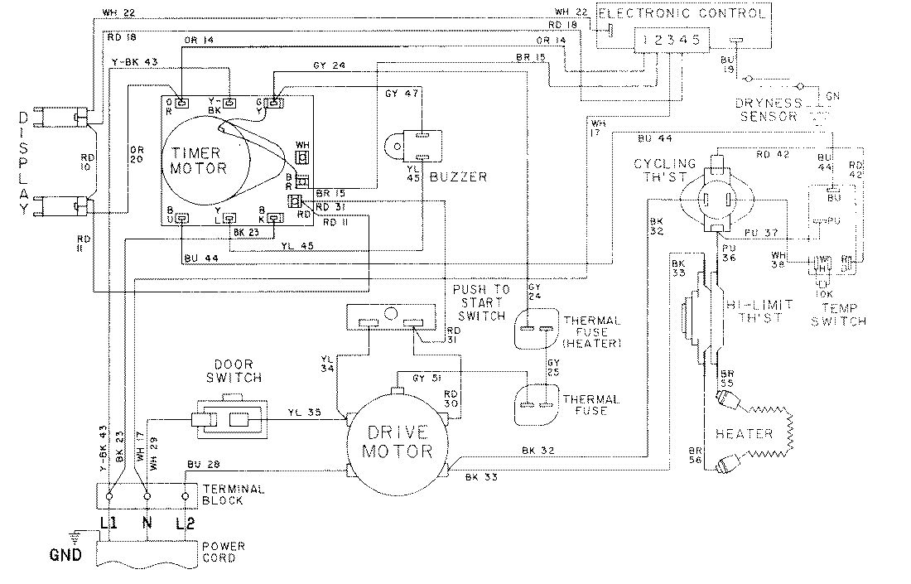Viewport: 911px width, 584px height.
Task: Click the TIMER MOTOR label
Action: pyautogui.click(x=199, y=160)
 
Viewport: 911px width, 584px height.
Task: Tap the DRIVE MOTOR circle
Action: pyautogui.click(x=397, y=442)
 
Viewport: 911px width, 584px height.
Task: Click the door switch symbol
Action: pyautogui.click(x=231, y=420)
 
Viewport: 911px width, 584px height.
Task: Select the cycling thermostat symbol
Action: pyautogui.click(x=716, y=199)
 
